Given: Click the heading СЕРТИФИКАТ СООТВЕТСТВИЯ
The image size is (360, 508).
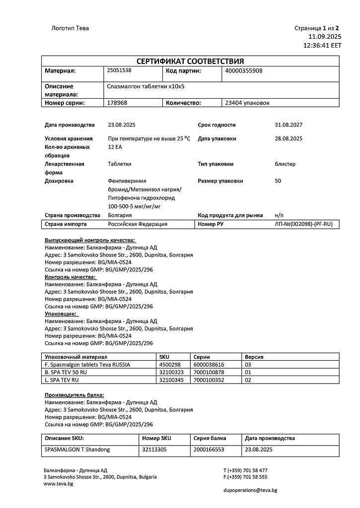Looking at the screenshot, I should (190, 61).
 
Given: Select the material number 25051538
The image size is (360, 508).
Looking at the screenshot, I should (119, 70).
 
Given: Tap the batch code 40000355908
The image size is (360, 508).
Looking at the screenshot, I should (244, 70).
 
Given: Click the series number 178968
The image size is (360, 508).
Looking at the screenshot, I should (117, 103).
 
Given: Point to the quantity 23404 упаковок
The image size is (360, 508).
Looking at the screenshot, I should (247, 103).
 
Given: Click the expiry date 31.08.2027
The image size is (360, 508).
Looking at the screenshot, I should (288, 125).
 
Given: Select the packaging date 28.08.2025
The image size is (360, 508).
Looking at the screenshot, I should (288, 138).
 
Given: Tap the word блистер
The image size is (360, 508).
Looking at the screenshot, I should (285, 164).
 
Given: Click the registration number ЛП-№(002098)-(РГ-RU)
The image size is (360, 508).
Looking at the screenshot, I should (303, 224).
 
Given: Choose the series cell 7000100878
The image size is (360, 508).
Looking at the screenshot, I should (209, 372).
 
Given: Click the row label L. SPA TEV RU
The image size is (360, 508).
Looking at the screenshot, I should (62, 380).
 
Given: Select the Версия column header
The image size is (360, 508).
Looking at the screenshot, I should (254, 357).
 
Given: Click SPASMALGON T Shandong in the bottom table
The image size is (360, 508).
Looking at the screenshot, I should (77, 449).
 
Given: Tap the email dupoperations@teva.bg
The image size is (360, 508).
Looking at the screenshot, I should (250, 490).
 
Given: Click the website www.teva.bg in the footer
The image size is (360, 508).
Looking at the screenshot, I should (58, 484).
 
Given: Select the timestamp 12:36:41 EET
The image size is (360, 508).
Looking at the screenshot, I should (322, 45).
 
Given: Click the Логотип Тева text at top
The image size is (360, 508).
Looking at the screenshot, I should (71, 28).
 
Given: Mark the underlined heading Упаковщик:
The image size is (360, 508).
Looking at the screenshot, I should (61, 314).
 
